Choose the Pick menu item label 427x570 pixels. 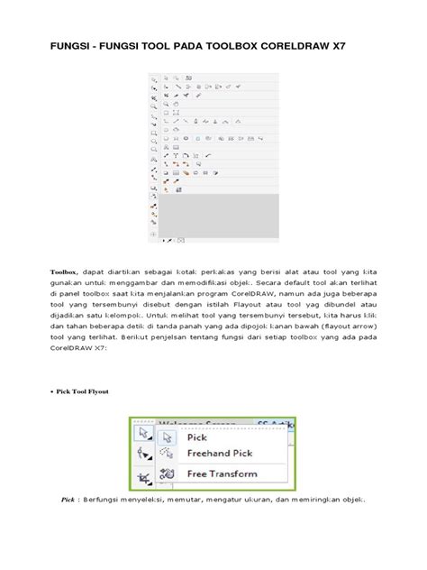[196, 437]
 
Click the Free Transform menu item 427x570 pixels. [221, 473]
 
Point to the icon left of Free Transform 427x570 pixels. [167, 473]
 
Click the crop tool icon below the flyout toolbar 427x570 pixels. [142, 477]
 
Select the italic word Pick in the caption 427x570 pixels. [68, 499]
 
